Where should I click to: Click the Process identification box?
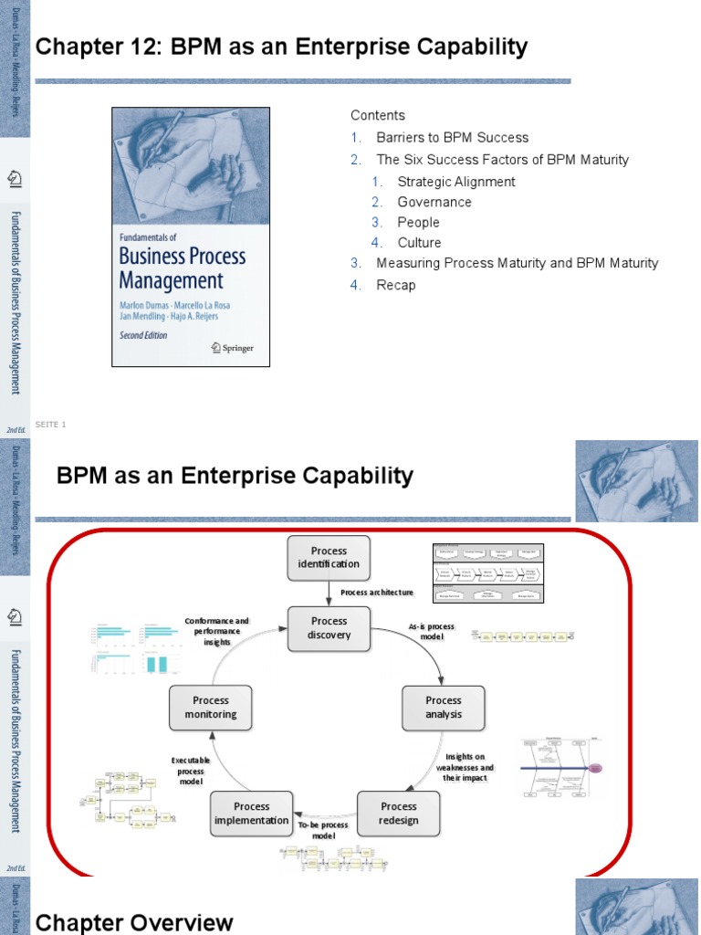pyautogui.click(x=329, y=557)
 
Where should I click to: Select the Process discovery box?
pyautogui.click(x=329, y=628)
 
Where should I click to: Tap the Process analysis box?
pyautogui.click(x=444, y=708)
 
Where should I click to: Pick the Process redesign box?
pyautogui.click(x=398, y=813)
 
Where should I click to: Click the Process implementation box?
pyautogui.click(x=251, y=813)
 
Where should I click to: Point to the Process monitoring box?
pyautogui.click(x=211, y=708)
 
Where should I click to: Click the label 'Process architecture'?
pyautogui.click(x=377, y=593)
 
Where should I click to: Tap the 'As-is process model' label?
pyautogui.click(x=431, y=631)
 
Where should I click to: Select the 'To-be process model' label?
pyautogui.click(x=324, y=830)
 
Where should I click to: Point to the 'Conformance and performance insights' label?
pyautogui.click(x=217, y=631)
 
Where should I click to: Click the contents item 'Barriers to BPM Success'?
pyautogui.click(x=452, y=138)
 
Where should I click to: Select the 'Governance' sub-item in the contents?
pyautogui.click(x=434, y=202)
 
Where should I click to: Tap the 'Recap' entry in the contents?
pyautogui.click(x=395, y=285)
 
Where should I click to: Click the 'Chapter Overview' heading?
pyautogui.click(x=134, y=922)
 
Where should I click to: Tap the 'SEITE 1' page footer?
pyautogui.click(x=51, y=424)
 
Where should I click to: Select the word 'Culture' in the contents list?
pyautogui.click(x=419, y=243)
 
